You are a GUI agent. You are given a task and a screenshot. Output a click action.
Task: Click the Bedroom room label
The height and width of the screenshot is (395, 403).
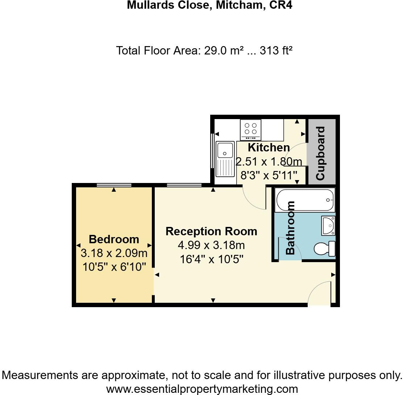tap(114, 239)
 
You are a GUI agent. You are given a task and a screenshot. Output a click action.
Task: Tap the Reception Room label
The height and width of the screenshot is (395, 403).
tap(211, 231)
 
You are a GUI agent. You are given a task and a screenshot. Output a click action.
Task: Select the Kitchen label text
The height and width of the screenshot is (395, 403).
tap(269, 147)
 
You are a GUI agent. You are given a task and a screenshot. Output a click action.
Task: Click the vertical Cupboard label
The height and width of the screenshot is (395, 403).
tap(320, 153)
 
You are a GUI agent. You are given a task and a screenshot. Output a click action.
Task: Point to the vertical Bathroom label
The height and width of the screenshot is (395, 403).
tap(291, 228)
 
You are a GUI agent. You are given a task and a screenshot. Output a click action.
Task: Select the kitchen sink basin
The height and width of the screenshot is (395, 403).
tap(225, 150)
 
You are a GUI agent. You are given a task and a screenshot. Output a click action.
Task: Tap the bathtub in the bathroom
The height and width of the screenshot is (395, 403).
tap(304, 200)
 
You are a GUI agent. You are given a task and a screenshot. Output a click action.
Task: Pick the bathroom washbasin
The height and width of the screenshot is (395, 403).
tap(328, 225)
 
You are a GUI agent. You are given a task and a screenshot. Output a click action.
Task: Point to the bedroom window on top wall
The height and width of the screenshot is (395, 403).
tap(114, 185)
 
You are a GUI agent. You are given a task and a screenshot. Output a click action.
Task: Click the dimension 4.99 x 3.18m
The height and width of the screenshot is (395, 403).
tap(211, 246)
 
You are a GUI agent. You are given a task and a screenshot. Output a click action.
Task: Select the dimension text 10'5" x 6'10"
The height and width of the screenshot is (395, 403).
tap(114, 267)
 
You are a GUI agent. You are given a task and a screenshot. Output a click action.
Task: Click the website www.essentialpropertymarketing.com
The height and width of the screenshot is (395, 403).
tap(202, 388)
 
